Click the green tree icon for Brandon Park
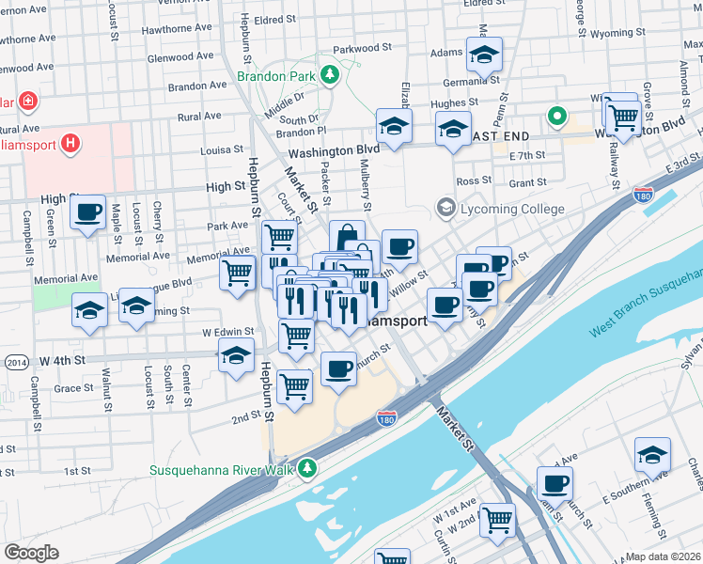point(330,74)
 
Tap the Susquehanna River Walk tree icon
point(306,468)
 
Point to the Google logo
point(31,553)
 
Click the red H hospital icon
point(70,144)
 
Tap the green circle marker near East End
point(556,117)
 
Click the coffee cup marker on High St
point(87,212)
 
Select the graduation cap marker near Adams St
point(484,55)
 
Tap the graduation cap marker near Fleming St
point(652,455)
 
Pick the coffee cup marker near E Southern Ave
point(555,483)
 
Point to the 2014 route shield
point(15,362)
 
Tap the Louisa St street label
point(222,149)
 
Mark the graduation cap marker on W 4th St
point(236,354)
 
